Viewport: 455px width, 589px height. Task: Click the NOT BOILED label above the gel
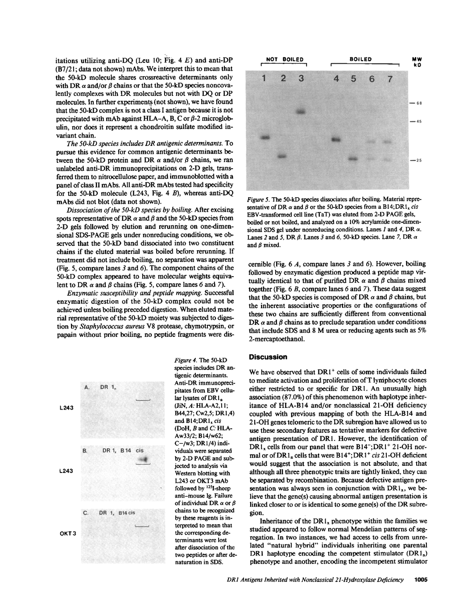tap(285, 59)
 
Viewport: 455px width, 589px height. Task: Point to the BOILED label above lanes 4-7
tap(361, 59)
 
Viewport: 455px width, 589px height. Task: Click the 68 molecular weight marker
tap(419, 104)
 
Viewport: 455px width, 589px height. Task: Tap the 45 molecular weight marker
tap(419, 121)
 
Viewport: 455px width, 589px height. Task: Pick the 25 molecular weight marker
tap(419, 160)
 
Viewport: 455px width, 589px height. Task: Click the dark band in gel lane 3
tap(301, 112)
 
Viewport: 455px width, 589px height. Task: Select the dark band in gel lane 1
tap(266, 137)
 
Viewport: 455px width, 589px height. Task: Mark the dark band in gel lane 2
tap(282, 157)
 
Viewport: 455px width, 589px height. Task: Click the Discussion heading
tap(268, 357)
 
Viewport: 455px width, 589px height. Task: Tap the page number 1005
tap(421, 580)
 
